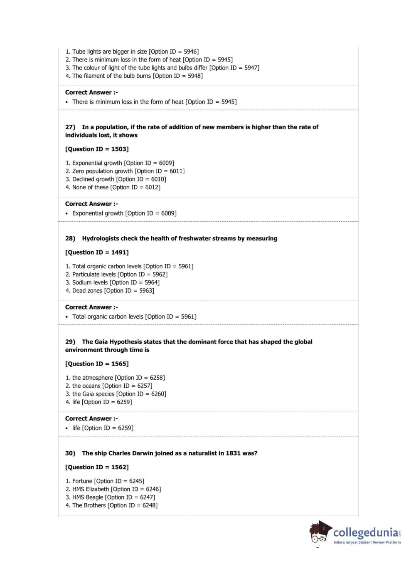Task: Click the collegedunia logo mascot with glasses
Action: (x=320, y=533)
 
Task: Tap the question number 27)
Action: (x=70, y=127)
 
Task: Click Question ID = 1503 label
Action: (x=97, y=149)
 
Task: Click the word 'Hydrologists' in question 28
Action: (x=100, y=239)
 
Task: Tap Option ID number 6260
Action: (x=158, y=394)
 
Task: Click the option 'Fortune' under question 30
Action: (x=82, y=481)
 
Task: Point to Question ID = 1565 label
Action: (x=97, y=364)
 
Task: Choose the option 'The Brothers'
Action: (x=89, y=505)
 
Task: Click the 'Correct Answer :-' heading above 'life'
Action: (x=91, y=419)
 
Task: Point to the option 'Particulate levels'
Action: (x=94, y=275)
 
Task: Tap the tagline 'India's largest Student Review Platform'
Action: (x=367, y=542)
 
